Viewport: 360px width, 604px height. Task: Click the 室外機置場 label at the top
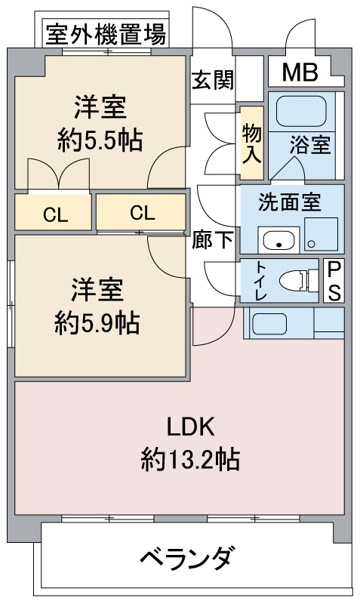[106, 35]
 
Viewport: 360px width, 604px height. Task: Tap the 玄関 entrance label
[212, 79]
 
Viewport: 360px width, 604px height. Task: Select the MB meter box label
[301, 72]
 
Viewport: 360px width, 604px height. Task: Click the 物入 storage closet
[251, 143]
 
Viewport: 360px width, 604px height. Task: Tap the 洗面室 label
[290, 202]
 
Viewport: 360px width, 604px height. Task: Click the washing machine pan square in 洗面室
[322, 234]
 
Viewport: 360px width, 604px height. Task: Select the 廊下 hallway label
[213, 241]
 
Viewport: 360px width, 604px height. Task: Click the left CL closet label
[54, 214]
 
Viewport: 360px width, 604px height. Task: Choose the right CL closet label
[141, 212]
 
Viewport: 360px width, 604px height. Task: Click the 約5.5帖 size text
[100, 139]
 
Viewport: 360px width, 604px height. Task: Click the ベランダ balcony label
[186, 559]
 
